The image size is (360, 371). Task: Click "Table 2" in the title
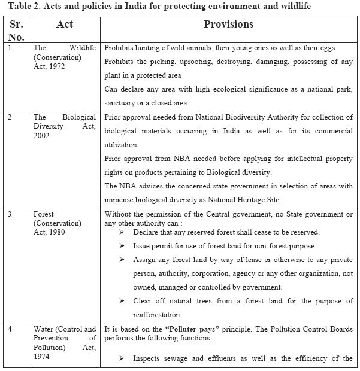click(17, 7)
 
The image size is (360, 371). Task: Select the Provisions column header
click(228, 25)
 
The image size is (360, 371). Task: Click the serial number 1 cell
click(8, 47)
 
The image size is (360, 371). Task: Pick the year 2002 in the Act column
click(44, 135)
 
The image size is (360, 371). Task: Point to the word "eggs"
click(342, 47)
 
